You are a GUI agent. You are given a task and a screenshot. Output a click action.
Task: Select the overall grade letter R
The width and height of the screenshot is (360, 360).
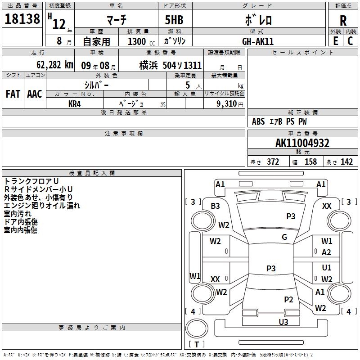coord(343,20)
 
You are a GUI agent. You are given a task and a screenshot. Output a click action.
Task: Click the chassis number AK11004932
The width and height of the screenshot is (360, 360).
coord(302,143)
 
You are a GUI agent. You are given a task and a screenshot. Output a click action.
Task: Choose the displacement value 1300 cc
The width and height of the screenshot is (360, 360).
coord(141,42)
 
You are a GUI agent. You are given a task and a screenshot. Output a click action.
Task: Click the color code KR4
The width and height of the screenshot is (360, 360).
coord(75,103)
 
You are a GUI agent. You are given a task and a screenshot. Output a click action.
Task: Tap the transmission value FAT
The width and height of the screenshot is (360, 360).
coord(13,94)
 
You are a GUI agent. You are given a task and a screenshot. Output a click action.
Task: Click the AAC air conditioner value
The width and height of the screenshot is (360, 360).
coord(34,94)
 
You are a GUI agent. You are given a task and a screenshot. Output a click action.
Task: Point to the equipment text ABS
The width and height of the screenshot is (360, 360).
coord(258,121)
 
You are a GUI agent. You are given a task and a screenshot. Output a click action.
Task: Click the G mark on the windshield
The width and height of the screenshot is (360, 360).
coord(284,237)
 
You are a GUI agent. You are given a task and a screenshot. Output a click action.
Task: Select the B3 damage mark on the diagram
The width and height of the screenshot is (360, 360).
coord(216,206)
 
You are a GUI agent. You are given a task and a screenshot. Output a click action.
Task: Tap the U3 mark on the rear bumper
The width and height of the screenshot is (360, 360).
coord(283,322)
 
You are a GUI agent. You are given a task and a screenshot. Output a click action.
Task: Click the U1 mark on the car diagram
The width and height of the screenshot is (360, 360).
coord(327,268)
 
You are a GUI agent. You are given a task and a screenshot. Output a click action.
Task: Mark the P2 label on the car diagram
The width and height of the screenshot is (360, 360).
coord(289,300)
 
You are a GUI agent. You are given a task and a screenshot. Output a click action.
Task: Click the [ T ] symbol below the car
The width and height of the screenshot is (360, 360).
coord(197,344)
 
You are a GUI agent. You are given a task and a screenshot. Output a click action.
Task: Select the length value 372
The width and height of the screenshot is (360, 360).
coord(273,162)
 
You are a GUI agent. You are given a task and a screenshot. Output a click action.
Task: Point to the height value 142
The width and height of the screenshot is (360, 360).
coord(346,162)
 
